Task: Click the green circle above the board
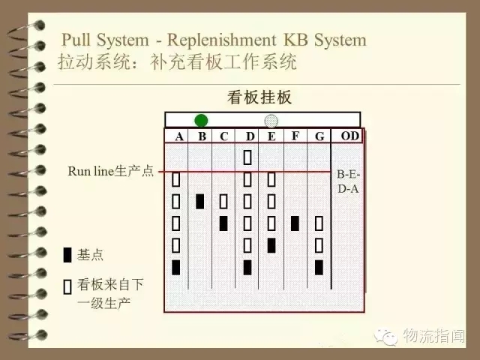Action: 201,120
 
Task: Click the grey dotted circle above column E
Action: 271,121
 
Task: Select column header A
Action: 179,136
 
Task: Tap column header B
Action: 202,136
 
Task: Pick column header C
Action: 224,136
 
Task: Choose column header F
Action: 295,136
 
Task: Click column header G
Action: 319,136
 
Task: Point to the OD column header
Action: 350,136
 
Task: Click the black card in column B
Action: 200,202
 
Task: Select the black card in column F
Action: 295,223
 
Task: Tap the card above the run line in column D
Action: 247,157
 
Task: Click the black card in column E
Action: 271,245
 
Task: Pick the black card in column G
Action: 319,267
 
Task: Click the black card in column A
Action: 175,267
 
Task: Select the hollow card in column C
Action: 223,202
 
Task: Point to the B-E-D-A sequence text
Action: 348,181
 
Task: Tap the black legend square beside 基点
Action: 67,255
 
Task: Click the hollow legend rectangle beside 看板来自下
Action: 67,286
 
